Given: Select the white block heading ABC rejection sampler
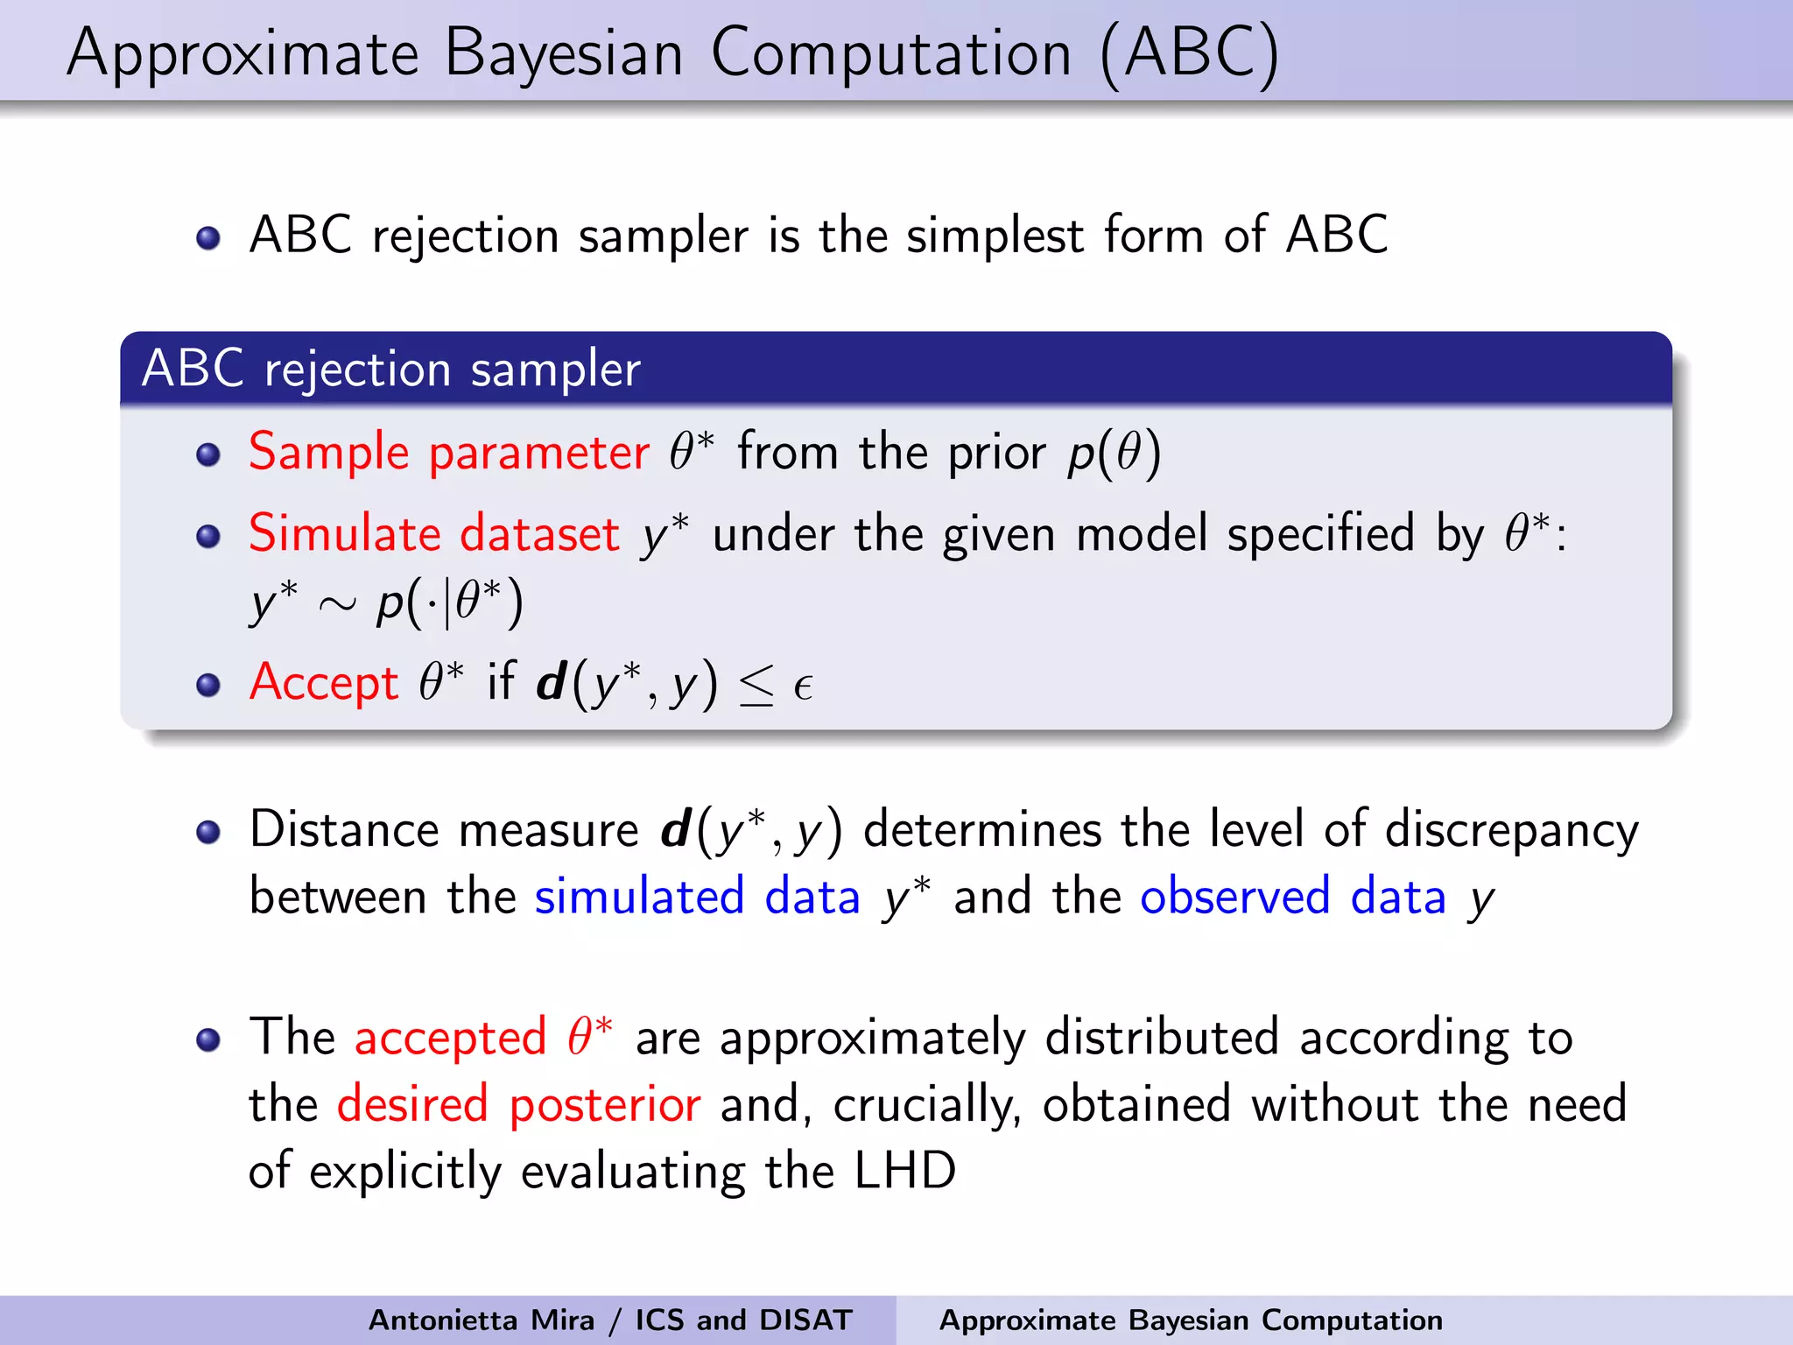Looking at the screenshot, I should pos(391,369).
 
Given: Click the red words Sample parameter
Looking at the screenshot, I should pos(448,453).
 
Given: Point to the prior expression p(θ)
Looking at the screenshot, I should pos(1114,453).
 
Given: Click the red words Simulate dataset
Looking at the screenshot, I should pos(434,533).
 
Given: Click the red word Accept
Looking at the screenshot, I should pos(324,682).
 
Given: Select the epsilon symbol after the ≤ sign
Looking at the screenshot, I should pos(803,687).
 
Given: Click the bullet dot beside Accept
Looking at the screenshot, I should pos(208,685).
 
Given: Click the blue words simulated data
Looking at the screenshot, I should pos(698,898).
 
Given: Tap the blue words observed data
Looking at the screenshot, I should pos(1292,898).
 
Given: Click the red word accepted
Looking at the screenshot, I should pos(450,1039).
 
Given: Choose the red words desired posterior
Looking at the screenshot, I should pos(518,1105).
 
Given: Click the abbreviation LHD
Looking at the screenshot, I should pos(905,1171).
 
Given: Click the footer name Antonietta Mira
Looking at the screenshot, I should pos(481,1320).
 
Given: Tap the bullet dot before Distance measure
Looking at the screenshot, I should pos(208,832).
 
